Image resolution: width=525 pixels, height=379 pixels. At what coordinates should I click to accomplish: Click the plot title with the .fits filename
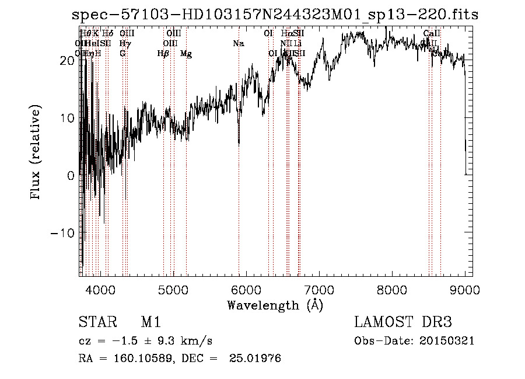click(x=274, y=15)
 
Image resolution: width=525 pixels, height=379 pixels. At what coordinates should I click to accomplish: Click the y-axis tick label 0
click(x=71, y=175)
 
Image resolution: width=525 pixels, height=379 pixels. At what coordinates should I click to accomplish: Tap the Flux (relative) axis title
click(x=36, y=153)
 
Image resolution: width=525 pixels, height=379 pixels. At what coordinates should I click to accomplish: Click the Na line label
click(x=238, y=44)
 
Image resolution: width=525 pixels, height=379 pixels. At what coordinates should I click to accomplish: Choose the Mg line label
click(x=186, y=54)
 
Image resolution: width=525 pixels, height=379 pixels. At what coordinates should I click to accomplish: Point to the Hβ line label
click(x=163, y=54)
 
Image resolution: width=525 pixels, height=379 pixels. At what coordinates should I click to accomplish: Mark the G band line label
click(x=123, y=54)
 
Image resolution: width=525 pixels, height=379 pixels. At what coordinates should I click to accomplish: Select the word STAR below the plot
click(x=94, y=322)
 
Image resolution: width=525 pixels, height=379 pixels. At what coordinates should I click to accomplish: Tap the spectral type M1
click(x=150, y=322)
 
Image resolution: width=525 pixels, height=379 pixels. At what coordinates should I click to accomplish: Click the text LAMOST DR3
click(x=402, y=322)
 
